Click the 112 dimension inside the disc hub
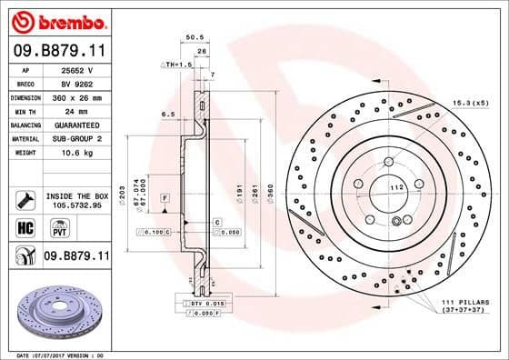[395, 187]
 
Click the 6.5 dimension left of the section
[168, 115]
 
